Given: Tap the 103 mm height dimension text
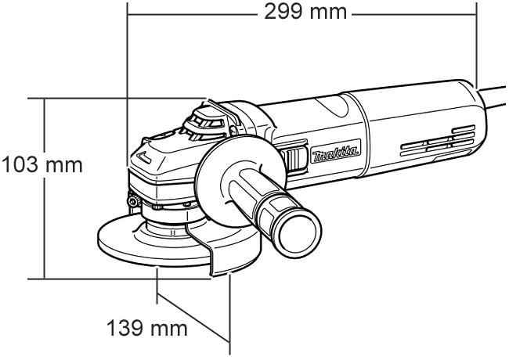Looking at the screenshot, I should point(43,167).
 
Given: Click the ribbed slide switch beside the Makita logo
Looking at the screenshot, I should point(295,159).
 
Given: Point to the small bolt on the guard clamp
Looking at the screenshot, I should point(135,204).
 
